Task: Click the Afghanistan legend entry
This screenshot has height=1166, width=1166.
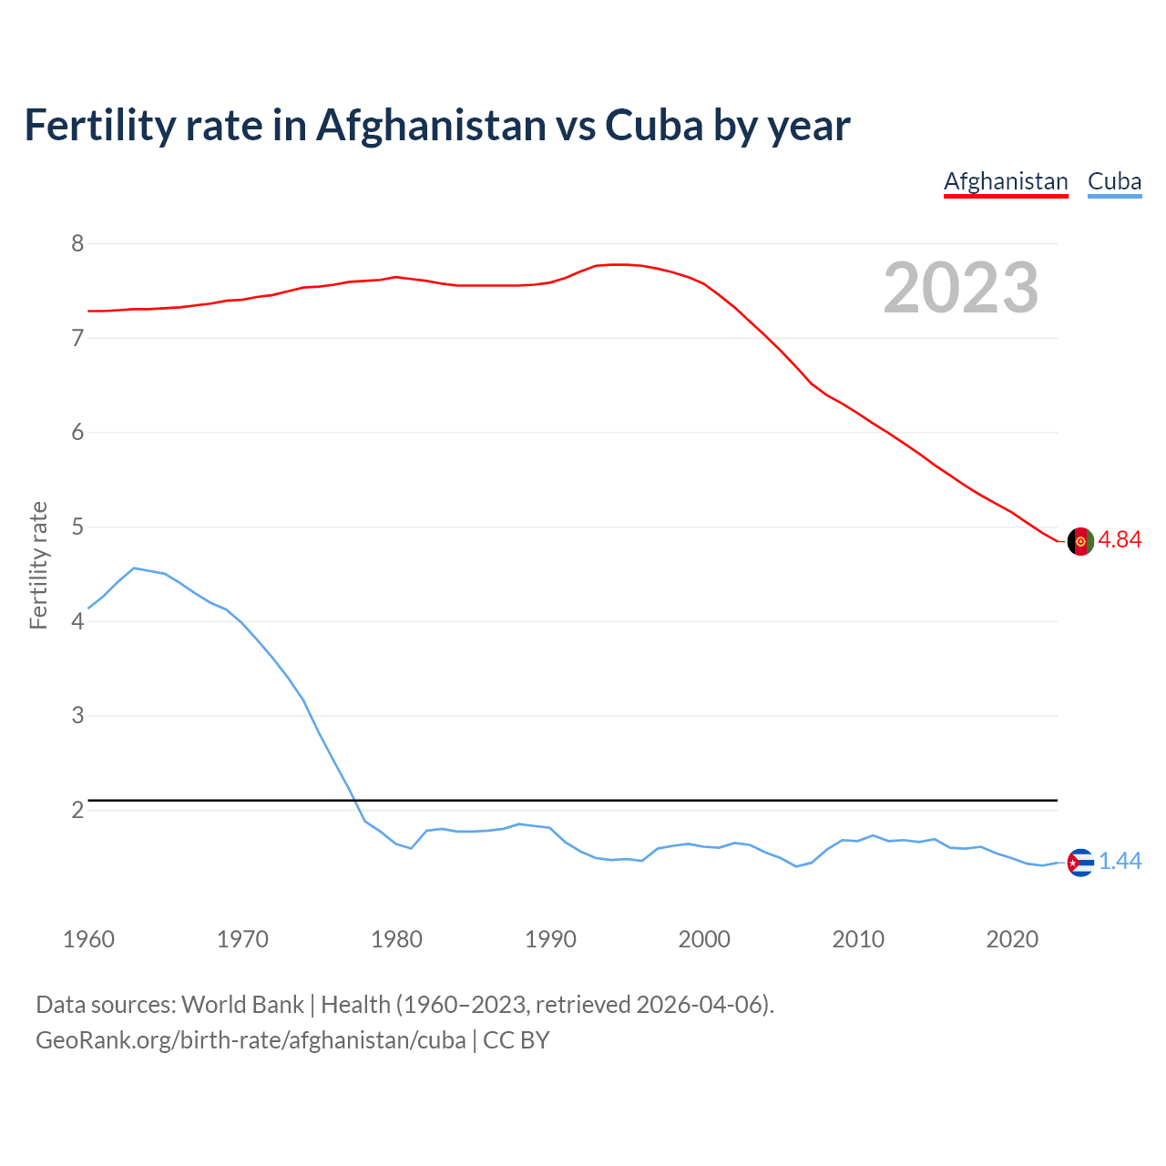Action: click(x=1006, y=181)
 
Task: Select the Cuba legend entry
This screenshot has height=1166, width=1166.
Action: click(x=1114, y=181)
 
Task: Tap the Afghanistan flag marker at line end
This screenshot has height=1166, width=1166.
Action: click(x=1080, y=540)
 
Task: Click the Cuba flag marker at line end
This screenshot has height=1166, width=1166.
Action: click(x=1080, y=862)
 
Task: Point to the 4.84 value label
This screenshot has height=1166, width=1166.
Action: click(x=1120, y=539)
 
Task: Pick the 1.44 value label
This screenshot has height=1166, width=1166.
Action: click(x=1120, y=861)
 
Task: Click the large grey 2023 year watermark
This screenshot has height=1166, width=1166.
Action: click(x=961, y=288)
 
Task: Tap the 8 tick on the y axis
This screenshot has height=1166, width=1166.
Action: click(x=77, y=243)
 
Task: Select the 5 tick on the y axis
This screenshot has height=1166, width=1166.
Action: click(x=77, y=527)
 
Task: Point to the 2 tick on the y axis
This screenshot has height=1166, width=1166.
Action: click(x=77, y=810)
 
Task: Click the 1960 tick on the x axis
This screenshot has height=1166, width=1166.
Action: click(x=88, y=939)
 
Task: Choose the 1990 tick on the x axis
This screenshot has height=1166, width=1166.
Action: click(x=550, y=939)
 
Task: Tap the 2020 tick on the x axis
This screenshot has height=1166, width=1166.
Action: click(x=1012, y=939)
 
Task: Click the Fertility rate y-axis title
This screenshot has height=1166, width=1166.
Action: click(x=38, y=565)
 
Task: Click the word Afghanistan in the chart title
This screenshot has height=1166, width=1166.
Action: click(x=431, y=125)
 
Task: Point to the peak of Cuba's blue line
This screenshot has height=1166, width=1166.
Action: click(x=134, y=568)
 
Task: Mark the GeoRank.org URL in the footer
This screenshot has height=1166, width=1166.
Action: click(x=251, y=1040)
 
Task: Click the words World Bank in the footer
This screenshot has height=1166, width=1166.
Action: click(x=242, y=1005)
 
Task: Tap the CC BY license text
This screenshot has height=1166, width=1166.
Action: click(x=516, y=1040)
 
